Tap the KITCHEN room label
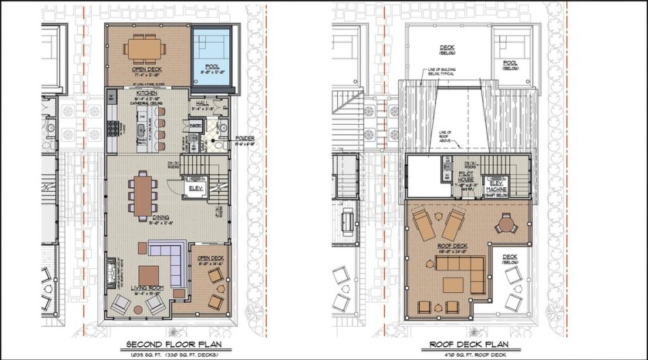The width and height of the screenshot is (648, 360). tap(126, 93)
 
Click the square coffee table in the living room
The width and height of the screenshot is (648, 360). tap(148, 275)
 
